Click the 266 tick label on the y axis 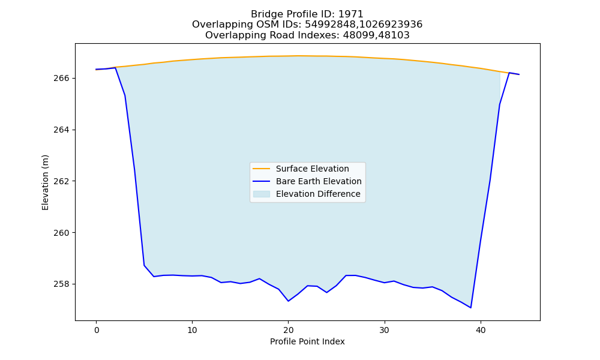point(61,79)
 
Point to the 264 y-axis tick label point(61,130)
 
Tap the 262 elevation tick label point(61,181)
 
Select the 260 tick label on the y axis point(61,233)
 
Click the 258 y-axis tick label point(61,284)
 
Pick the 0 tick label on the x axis point(97,331)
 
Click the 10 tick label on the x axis point(193,331)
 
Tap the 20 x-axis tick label point(289,331)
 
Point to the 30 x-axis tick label point(385,331)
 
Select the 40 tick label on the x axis point(481,331)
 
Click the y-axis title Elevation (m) point(46,182)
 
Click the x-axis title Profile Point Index point(307,341)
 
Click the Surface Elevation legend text point(312,169)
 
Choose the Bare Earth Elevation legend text point(319,181)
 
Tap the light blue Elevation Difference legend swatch point(262,194)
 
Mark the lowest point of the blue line point(470,308)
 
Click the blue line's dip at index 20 point(288,301)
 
